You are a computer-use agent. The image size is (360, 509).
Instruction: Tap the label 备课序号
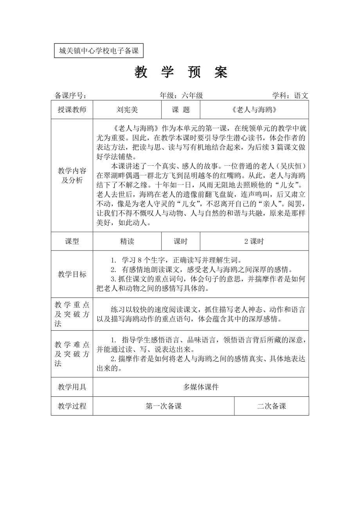point(70,96)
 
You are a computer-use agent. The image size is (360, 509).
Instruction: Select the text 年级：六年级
point(181,96)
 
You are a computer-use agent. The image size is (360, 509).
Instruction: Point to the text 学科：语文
point(290,96)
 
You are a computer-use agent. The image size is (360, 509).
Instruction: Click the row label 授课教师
point(72,110)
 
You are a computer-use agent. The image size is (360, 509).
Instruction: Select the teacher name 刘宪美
point(127,110)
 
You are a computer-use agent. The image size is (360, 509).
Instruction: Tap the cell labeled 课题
point(181,110)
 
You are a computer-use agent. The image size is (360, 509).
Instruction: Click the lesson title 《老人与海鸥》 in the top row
point(254,110)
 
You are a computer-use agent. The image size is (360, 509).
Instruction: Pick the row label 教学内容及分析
point(72,176)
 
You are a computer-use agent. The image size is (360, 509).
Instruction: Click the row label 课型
point(72,242)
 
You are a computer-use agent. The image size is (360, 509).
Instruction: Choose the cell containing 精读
point(127,242)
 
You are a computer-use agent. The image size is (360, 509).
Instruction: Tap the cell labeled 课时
point(181,242)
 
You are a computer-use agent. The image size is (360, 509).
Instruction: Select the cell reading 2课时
point(254,242)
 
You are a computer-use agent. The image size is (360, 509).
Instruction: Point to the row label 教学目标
point(72,274)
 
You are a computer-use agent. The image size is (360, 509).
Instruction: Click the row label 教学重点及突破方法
point(72,314)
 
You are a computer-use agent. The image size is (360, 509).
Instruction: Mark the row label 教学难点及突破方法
point(72,354)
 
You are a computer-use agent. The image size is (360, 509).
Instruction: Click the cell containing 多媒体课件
point(201,387)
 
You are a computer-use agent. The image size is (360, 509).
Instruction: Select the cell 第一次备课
point(164,406)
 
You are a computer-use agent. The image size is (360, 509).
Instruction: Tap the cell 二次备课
point(272,406)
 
